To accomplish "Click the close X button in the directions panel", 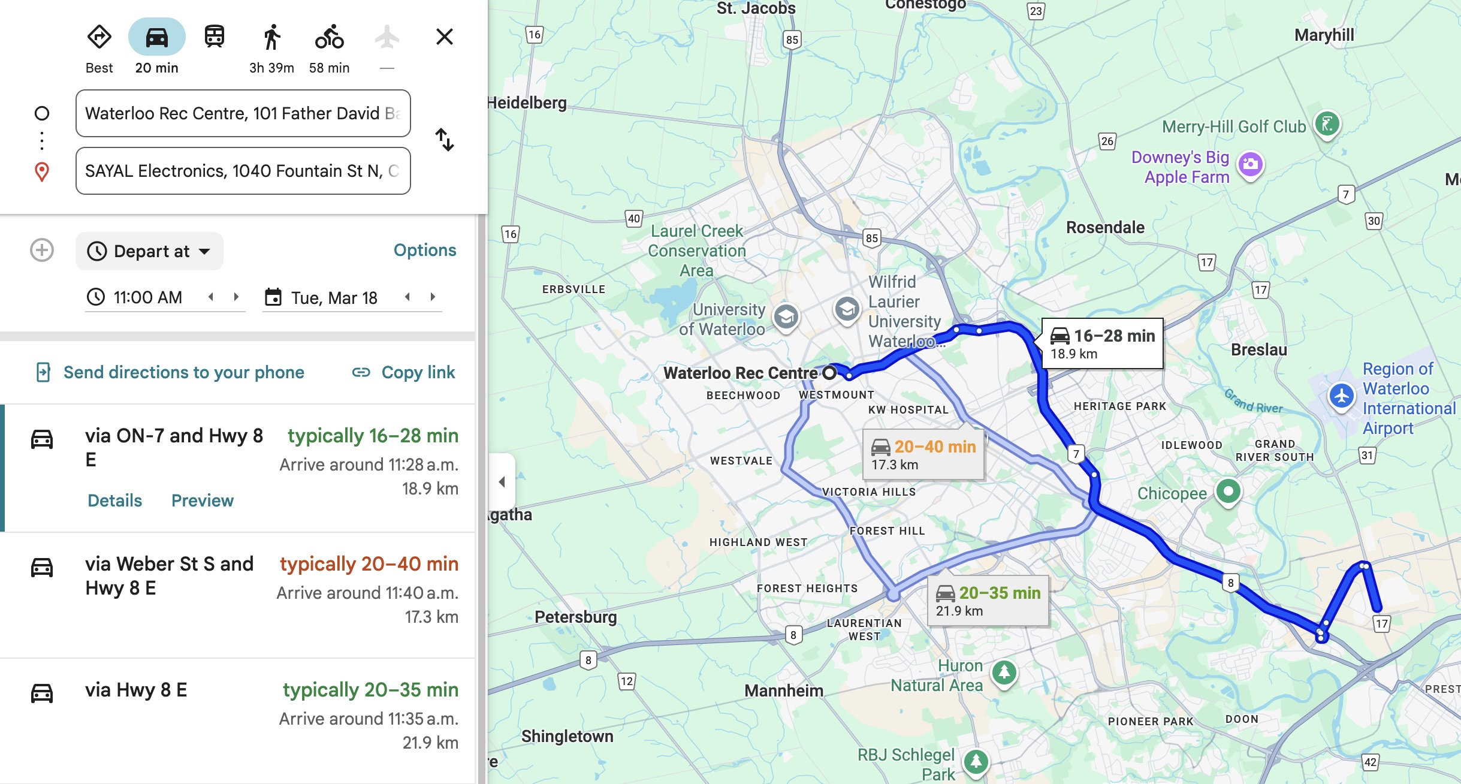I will point(444,37).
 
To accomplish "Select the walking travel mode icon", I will point(271,37).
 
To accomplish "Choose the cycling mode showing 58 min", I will point(329,37).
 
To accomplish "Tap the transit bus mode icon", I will point(214,37).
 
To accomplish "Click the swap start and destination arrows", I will point(444,140).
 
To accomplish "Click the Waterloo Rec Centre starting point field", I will point(243,113).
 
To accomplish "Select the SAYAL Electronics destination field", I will point(243,171).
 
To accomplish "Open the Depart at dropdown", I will point(149,251).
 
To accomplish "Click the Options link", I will point(424,250).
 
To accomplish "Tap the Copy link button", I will point(404,372).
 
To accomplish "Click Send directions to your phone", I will point(170,372).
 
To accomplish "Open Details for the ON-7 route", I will point(114,500).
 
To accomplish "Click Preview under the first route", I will point(202,500).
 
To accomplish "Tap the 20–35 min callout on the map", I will point(988,601).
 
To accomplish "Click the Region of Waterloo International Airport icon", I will point(1341,396).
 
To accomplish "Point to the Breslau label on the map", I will point(1258,349).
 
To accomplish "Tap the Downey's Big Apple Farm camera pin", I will point(1250,164).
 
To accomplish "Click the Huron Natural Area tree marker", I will point(1004,673).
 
